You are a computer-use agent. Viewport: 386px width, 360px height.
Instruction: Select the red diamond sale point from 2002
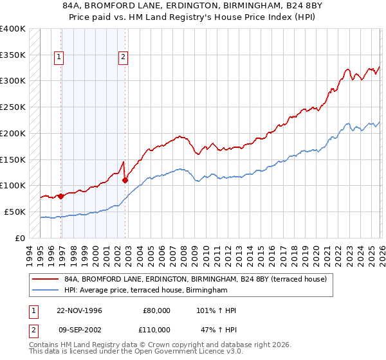(125, 180)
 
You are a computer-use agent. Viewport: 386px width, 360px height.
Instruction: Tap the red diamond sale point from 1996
(61, 196)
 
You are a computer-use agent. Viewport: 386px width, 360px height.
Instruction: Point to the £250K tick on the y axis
(13, 107)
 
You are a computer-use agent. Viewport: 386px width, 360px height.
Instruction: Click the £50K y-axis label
(15, 212)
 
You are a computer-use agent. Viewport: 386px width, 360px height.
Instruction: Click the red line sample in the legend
(44, 279)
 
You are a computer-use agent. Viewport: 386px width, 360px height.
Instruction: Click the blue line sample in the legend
(44, 291)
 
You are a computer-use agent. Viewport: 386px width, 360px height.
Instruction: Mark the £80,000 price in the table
(156, 310)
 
